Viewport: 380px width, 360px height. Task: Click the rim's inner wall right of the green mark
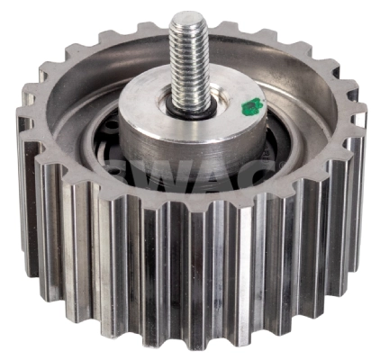pos(311,117)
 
